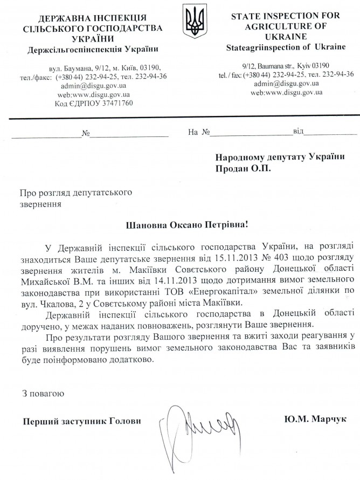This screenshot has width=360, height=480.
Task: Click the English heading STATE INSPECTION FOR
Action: pos(285,16)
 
